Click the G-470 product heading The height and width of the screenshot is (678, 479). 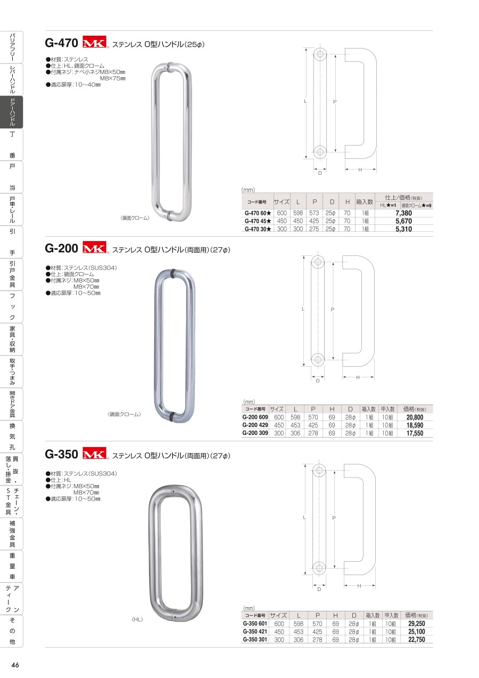(x=61, y=43)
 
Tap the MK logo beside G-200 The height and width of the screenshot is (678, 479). (x=95, y=247)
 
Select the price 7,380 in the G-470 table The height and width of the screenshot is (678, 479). (x=403, y=213)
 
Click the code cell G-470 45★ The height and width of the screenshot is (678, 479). (x=258, y=221)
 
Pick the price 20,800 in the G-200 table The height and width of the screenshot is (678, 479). (x=415, y=417)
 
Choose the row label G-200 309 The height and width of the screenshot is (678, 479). (x=255, y=433)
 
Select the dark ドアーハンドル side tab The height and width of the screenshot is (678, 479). (x=12, y=112)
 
